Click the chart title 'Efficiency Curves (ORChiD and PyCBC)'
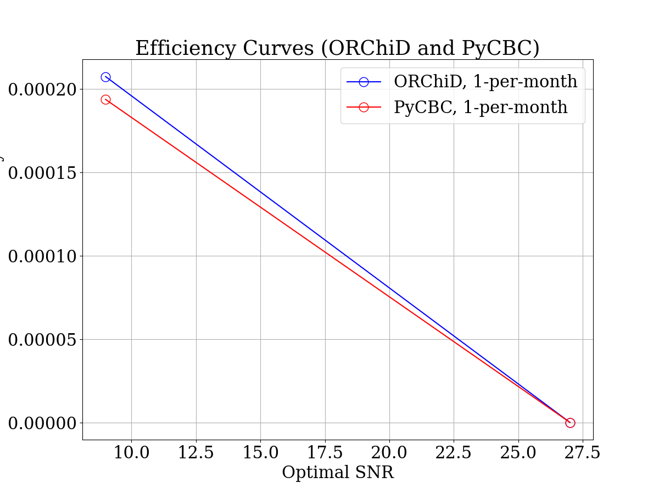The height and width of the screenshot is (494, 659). click(337, 48)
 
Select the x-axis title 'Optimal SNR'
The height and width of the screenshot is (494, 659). click(338, 472)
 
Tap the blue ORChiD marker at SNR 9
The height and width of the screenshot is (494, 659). click(105, 77)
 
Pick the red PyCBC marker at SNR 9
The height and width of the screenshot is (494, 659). click(105, 99)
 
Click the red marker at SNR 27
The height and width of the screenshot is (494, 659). click(570, 423)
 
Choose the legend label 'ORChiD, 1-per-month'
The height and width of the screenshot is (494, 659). click(485, 81)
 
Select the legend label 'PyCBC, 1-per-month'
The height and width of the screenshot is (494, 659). click(481, 107)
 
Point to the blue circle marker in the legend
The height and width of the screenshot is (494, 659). click(364, 82)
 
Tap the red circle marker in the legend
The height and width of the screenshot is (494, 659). click(364, 107)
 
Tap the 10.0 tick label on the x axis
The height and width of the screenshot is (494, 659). click(131, 453)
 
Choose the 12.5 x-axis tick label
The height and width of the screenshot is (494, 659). click(196, 453)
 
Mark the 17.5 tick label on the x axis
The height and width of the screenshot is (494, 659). click(325, 453)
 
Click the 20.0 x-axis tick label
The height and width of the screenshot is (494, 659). click(389, 453)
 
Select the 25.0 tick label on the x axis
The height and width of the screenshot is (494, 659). click(518, 453)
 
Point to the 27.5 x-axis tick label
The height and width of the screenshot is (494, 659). click(583, 453)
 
